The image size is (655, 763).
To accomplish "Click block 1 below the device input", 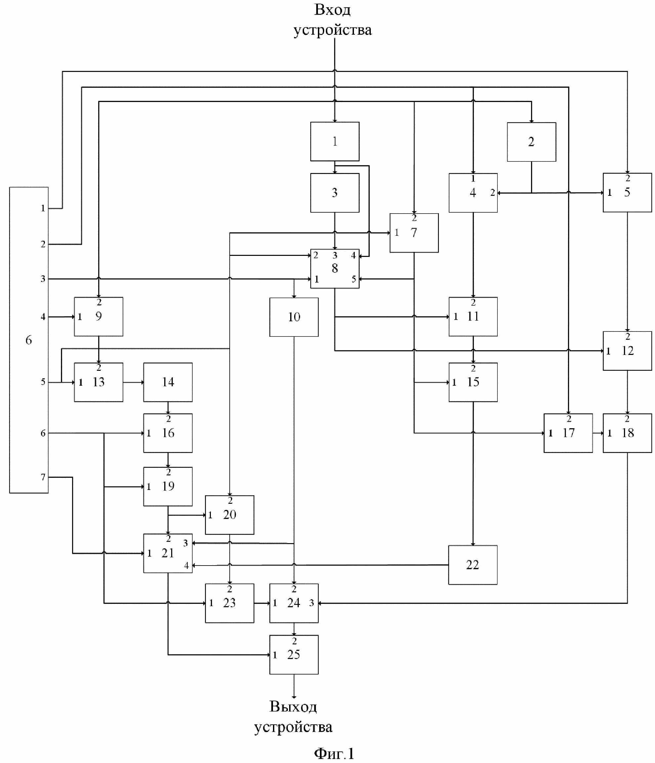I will pyautogui.click(x=334, y=141).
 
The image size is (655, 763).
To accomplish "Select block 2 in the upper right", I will pyautogui.click(x=531, y=142).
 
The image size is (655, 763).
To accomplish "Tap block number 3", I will pyautogui.click(x=334, y=192).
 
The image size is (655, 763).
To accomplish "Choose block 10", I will pyautogui.click(x=294, y=317).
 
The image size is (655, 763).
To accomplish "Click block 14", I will pyautogui.click(x=168, y=382).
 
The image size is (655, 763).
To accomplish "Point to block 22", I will pyautogui.click(x=473, y=565).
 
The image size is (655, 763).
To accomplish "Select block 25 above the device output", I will pyautogui.click(x=294, y=654).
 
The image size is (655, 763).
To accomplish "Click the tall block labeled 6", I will pyautogui.click(x=29, y=339).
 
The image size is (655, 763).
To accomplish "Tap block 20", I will pyautogui.click(x=229, y=514).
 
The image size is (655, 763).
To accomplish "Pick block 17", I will pyautogui.click(x=568, y=433).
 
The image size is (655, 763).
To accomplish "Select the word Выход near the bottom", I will pyautogui.click(x=293, y=706).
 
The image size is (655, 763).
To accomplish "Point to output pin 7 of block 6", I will pyautogui.click(x=43, y=477).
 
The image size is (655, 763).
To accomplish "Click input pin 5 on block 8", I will pyautogui.click(x=354, y=279).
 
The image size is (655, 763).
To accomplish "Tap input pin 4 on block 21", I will pyautogui.click(x=186, y=565).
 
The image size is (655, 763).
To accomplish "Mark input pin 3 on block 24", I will pyautogui.click(x=311, y=603).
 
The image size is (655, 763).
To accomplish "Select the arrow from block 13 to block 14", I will pyautogui.click(x=133, y=382).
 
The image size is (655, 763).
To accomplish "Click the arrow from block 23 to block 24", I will pyautogui.click(x=262, y=603).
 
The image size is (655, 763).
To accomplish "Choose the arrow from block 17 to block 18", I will pyautogui.click(x=597, y=433).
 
